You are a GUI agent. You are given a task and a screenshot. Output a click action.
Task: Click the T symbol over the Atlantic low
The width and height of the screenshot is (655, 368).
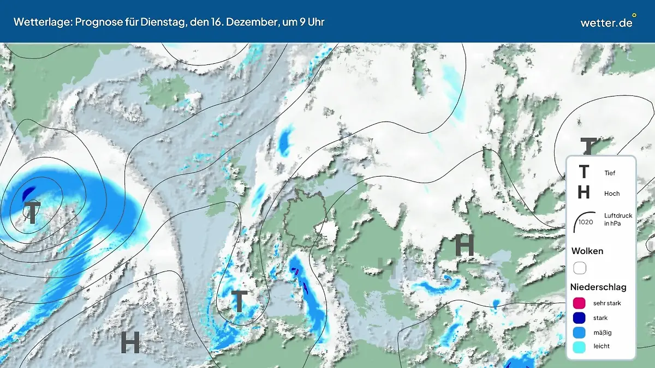(x=33, y=213)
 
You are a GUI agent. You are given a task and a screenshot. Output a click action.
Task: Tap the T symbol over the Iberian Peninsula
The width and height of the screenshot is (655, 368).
(x=239, y=301)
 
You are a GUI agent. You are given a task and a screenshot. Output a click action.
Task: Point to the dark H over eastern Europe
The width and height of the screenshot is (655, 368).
(x=465, y=246)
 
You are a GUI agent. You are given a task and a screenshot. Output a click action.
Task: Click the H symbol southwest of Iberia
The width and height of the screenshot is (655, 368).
(x=130, y=342)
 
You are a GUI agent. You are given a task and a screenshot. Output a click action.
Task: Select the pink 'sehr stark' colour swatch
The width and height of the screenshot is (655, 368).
(x=579, y=303)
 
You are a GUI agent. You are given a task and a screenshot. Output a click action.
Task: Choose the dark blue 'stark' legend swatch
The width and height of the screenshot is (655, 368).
(x=579, y=318)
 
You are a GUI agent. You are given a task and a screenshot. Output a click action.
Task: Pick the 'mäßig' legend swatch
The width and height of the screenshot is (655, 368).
(x=579, y=332)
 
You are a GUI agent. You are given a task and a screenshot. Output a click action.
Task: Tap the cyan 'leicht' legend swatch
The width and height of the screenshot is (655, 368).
(x=579, y=346)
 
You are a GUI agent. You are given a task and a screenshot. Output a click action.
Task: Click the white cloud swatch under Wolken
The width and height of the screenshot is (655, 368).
(x=579, y=268)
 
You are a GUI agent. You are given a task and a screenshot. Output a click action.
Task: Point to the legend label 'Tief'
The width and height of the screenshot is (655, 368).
(x=610, y=173)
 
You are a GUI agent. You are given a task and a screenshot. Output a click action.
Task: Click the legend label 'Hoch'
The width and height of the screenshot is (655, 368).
(x=612, y=194)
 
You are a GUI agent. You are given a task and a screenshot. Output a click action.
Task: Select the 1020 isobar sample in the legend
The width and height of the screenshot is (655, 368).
(x=585, y=219)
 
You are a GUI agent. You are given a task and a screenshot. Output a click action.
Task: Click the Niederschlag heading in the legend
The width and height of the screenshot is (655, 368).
(x=598, y=287)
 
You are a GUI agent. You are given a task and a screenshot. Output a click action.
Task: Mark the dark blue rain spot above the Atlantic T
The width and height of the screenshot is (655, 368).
(x=28, y=192)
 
